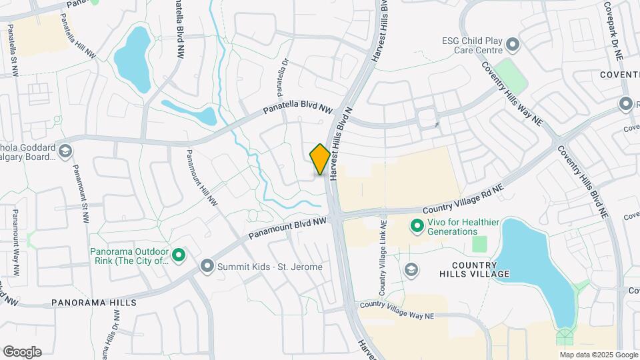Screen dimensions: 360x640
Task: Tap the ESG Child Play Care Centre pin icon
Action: (513, 45)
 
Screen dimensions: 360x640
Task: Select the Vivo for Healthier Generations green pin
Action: (417, 227)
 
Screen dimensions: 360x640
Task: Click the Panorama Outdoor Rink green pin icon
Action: (179, 255)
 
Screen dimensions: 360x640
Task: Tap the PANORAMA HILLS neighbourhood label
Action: (94, 302)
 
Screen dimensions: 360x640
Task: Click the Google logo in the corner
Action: (22, 352)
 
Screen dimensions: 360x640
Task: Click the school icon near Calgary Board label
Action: (65, 151)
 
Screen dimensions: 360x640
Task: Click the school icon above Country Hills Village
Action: (411, 269)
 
